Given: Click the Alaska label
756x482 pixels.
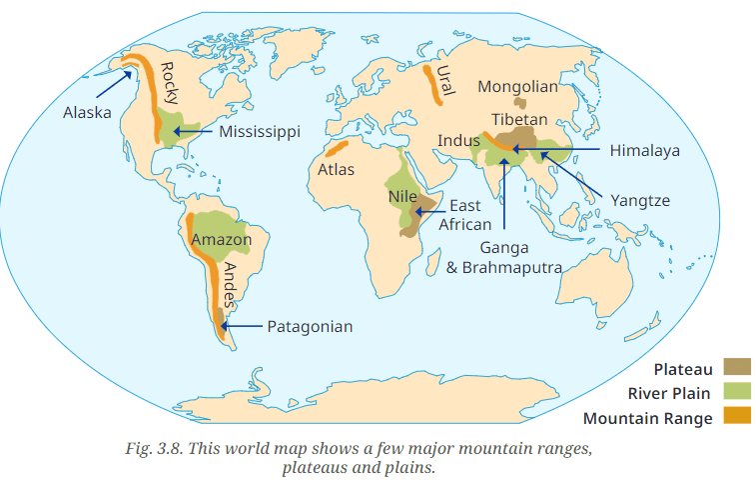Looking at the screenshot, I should coord(87,112).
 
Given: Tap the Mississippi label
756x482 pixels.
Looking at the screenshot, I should coord(260,131).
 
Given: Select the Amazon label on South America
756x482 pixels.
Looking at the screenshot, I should coord(221,240).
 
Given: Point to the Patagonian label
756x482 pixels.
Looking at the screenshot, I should coord(310,326).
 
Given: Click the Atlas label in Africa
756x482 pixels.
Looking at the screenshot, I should coord(337,169).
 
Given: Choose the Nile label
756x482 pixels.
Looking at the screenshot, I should coord(402,196).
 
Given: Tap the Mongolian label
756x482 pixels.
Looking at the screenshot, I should coord(517,86).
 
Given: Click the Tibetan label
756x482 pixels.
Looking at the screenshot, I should coord(518,119).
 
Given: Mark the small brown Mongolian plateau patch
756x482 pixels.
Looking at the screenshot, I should coord(519,102).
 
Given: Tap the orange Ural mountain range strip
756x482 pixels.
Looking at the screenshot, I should coord(432,84).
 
